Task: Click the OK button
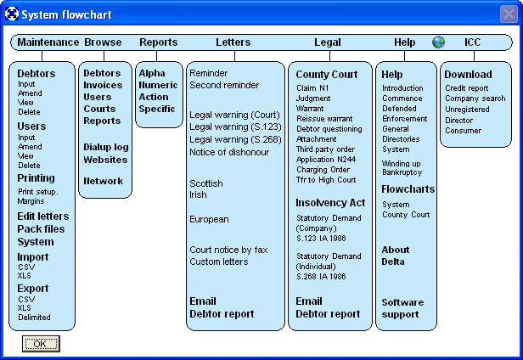(41, 344)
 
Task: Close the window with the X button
(509, 14)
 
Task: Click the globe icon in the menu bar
(438, 42)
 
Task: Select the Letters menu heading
(233, 42)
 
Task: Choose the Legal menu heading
(328, 42)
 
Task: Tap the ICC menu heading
(472, 42)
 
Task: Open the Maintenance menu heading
(48, 42)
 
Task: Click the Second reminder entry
(224, 85)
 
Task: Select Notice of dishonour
(229, 152)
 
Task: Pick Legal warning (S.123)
(235, 127)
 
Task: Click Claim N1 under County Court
(312, 88)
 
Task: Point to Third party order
(325, 149)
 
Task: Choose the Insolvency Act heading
(330, 203)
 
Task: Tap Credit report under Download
(467, 88)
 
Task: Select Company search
(475, 98)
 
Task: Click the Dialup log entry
(106, 147)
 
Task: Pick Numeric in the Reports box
(158, 85)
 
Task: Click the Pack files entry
(41, 229)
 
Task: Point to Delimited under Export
(34, 318)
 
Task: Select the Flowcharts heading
(408, 189)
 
